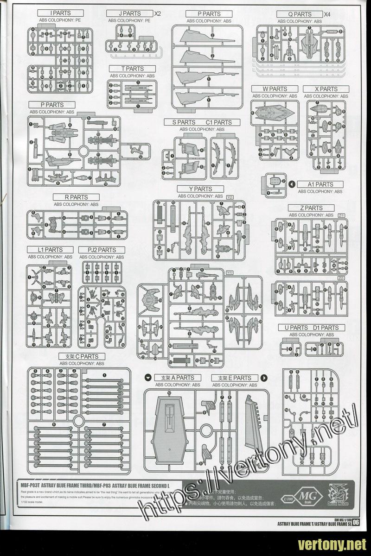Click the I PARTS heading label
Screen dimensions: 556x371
(x=61, y=13)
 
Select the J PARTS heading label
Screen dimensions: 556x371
(x=129, y=13)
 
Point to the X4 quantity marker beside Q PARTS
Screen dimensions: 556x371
(x=328, y=14)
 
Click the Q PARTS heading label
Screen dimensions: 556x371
(x=300, y=14)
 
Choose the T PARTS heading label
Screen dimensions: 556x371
(x=132, y=69)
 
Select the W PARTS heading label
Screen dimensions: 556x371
(x=275, y=88)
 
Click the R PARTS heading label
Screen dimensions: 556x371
(x=76, y=197)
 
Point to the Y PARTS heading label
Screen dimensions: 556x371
(x=200, y=189)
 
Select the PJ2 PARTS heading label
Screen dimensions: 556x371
(x=101, y=250)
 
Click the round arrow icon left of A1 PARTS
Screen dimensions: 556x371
(x=292, y=184)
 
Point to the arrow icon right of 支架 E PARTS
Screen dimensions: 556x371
(x=262, y=378)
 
